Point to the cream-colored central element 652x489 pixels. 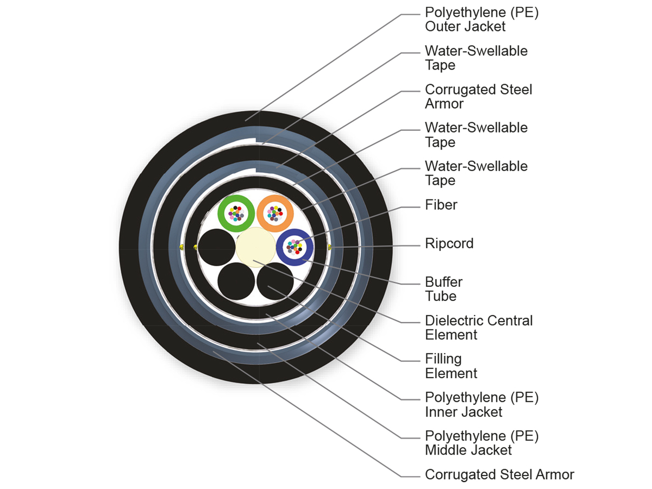point(255,247)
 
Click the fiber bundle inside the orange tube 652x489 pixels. point(275,213)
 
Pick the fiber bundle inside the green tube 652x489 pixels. point(236,213)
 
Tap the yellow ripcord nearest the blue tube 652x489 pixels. point(329,248)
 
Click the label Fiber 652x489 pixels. point(441,205)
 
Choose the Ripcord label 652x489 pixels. point(449,243)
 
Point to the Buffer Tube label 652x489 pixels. point(444,289)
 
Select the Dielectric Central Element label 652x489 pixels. point(479,328)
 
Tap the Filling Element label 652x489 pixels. point(451,366)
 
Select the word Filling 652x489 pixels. point(443,359)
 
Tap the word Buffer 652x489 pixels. point(444,282)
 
